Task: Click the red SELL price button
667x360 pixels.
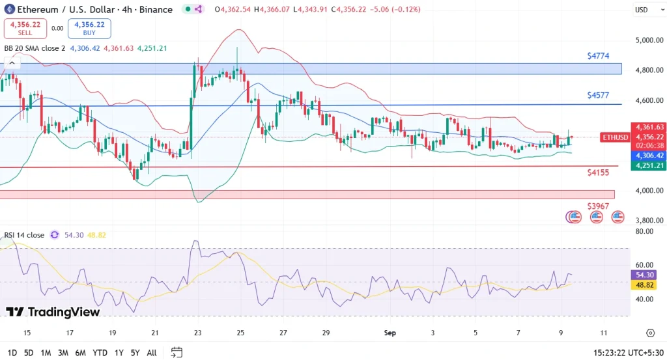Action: tap(25, 28)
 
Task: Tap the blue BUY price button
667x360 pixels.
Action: tap(89, 28)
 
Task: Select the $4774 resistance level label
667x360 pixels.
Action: tap(597, 56)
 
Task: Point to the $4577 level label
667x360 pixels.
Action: tap(597, 95)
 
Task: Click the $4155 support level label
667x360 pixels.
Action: tap(597, 173)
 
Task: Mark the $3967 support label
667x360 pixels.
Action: tap(597, 206)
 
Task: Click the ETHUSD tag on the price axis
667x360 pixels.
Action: tap(615, 137)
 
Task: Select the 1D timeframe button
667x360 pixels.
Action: tap(12, 353)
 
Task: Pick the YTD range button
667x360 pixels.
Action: tap(100, 353)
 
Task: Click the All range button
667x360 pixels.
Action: tap(152, 353)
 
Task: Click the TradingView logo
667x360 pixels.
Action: tap(53, 312)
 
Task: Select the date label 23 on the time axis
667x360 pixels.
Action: tap(197, 333)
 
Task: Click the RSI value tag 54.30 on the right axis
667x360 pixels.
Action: tap(646, 275)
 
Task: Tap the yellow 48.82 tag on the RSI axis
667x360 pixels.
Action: tap(646, 285)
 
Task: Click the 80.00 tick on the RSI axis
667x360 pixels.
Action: tap(646, 231)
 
